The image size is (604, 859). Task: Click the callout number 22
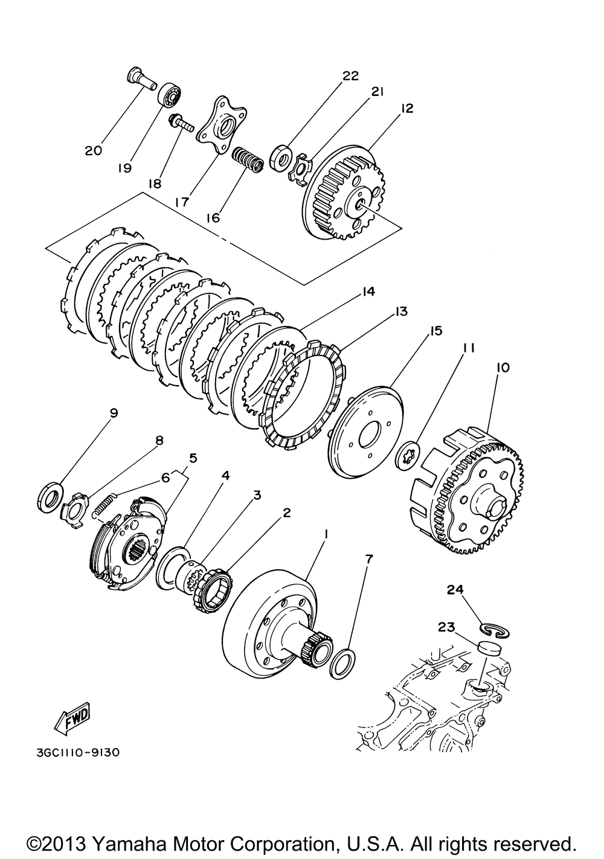coord(350,75)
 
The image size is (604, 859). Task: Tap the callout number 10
coord(503,367)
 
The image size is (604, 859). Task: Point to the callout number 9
coord(114,414)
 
